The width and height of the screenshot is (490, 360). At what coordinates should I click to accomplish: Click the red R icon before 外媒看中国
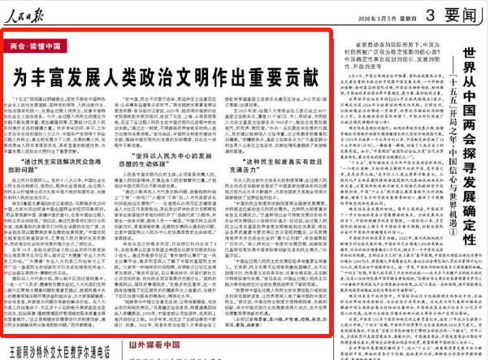point(135,344)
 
